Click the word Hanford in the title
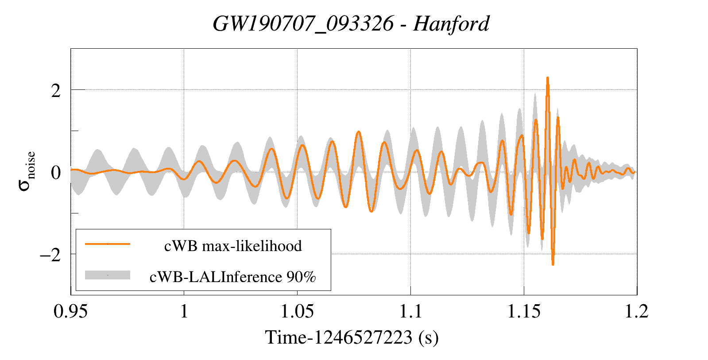click(x=451, y=24)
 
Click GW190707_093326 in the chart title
click(x=303, y=24)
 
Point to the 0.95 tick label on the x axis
click(x=70, y=311)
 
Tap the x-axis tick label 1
click(x=184, y=311)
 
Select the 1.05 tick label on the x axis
click(x=297, y=311)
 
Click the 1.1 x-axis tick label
click(x=410, y=311)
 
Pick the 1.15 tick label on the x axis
click(x=524, y=311)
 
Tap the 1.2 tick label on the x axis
click(x=636, y=311)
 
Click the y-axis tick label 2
click(x=56, y=91)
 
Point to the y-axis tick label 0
click(x=56, y=173)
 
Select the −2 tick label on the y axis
click(x=50, y=255)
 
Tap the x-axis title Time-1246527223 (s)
click(x=352, y=338)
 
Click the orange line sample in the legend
click(x=108, y=244)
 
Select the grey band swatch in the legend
click(x=108, y=275)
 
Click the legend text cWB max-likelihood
click(x=233, y=246)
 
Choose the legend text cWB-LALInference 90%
click(x=233, y=277)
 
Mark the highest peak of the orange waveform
click(x=548, y=78)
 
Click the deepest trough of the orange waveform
click(x=553, y=264)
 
